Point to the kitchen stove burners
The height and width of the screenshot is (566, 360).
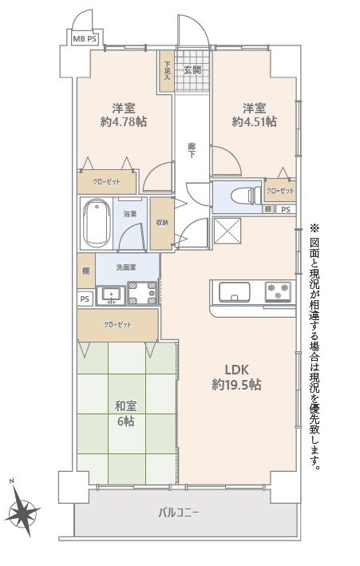pyautogui.click(x=279, y=291)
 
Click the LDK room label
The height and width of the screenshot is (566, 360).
pyautogui.click(x=237, y=369)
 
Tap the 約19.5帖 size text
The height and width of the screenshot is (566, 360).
pyautogui.click(x=237, y=385)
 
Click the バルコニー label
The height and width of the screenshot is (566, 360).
pyautogui.click(x=178, y=512)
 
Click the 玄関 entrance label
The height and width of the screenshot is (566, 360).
pyautogui.click(x=192, y=70)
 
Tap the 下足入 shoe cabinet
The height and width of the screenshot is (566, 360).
pyautogui.click(x=167, y=73)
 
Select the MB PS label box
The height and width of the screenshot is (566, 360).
pyautogui.click(x=85, y=38)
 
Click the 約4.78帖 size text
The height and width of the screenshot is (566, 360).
pyautogui.click(x=123, y=122)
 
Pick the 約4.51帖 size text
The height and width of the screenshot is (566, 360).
pyautogui.click(x=254, y=122)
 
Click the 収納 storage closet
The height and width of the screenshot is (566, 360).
pyautogui.click(x=162, y=222)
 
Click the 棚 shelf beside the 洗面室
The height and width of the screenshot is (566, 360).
pyautogui.click(x=85, y=271)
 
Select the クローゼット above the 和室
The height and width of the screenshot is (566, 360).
pyautogui.click(x=117, y=325)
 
